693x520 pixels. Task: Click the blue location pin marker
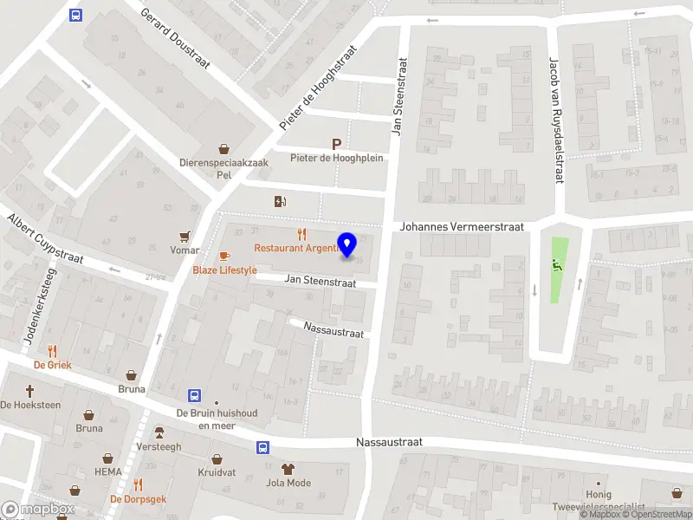point(347,245)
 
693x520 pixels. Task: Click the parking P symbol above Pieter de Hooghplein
point(336,144)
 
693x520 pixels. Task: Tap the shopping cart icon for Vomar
point(185,236)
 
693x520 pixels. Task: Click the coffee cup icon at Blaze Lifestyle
point(224,257)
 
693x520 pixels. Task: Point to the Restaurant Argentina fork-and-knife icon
point(301,234)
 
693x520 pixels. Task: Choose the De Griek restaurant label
point(53,365)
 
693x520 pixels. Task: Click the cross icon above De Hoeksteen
point(30,391)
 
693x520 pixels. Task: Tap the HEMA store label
point(107,471)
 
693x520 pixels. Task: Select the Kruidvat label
point(217,472)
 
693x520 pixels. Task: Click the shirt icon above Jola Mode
point(288,469)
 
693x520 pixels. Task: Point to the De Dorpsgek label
point(138,499)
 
